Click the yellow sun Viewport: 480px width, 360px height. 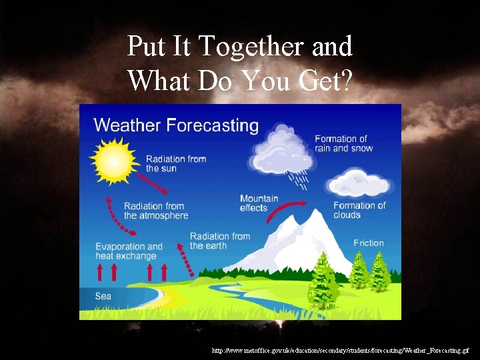tap(114, 160)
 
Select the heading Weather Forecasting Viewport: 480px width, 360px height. tap(176, 125)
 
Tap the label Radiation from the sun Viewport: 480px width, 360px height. tap(176, 163)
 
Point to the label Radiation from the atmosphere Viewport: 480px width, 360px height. tap(156, 211)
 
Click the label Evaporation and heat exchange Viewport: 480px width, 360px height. tap(129, 251)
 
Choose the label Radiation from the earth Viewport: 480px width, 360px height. tap(220, 241)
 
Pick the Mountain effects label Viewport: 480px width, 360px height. tap(259, 203)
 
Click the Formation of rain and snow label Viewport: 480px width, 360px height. tap(343, 143)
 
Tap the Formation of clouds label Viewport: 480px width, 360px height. tap(359, 210)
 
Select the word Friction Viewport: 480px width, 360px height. tap(368, 243)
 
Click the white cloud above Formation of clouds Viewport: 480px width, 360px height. tap(359, 183)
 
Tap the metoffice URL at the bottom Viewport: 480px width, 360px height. tap(340, 350)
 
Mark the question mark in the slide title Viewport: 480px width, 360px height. tap(345, 81)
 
